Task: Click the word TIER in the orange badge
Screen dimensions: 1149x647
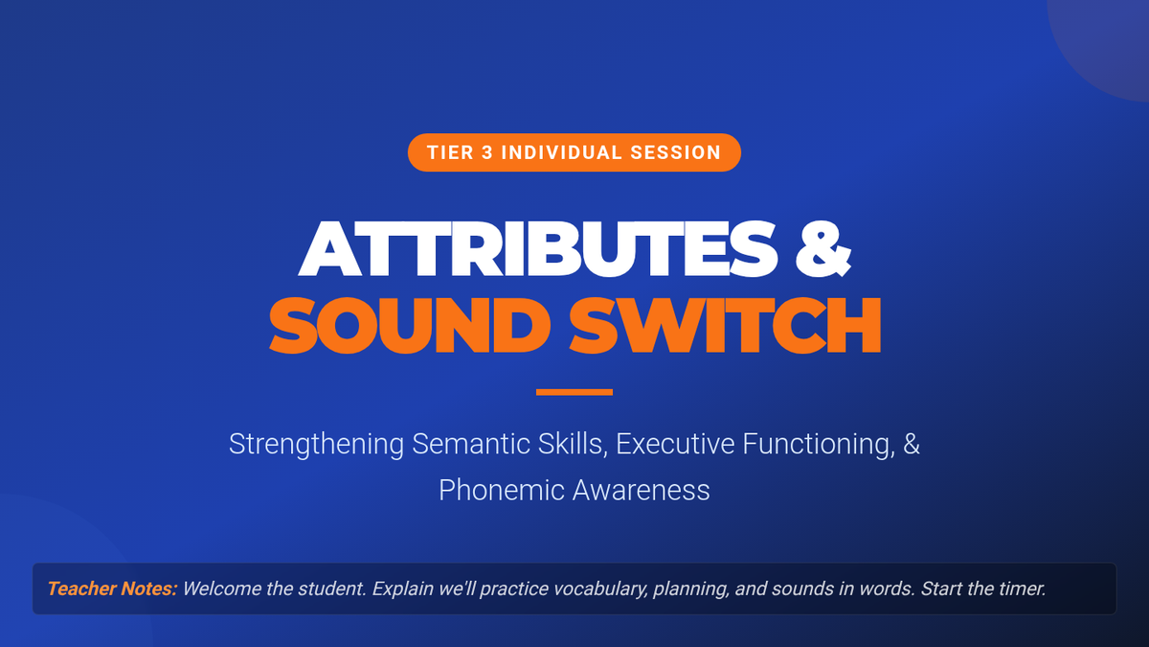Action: tap(450, 152)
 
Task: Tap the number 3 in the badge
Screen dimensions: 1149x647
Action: tap(487, 152)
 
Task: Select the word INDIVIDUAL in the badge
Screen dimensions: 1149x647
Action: tap(561, 152)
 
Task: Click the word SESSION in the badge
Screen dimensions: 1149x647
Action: tap(676, 152)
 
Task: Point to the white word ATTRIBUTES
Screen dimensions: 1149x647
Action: tap(538, 249)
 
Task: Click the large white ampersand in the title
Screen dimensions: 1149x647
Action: tap(823, 249)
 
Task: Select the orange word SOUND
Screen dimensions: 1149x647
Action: tap(410, 326)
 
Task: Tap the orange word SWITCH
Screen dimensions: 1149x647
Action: tap(726, 326)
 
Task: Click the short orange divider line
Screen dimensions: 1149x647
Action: tap(574, 392)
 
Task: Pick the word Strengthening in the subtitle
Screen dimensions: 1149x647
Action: tap(316, 444)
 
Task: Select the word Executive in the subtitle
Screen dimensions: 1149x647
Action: tap(675, 444)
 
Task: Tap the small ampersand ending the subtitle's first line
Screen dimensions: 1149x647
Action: tap(912, 444)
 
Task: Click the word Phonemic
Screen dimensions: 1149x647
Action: tap(501, 490)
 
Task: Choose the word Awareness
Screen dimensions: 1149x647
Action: tap(642, 490)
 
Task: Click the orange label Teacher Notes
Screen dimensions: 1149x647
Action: tap(112, 589)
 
